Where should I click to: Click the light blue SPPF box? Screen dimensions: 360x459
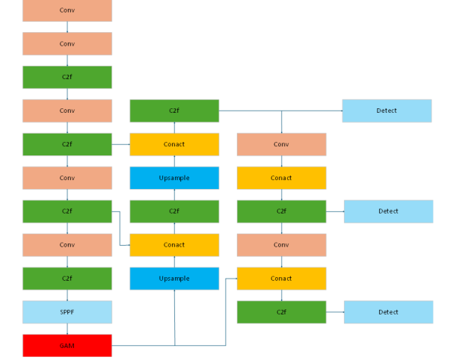67,312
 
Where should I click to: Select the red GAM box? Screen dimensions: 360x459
67,346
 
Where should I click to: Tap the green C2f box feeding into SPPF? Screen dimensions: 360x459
67,279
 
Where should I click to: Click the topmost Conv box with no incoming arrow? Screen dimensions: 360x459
67,10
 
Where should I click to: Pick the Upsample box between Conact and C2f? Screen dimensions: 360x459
174,178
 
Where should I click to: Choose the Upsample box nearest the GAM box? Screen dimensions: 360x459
174,279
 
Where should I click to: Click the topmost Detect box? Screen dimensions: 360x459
387,111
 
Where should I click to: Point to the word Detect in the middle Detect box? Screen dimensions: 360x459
388,211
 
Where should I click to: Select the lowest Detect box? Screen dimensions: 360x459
388,312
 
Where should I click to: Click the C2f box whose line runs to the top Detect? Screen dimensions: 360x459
174,111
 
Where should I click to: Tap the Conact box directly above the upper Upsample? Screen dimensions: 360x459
174,144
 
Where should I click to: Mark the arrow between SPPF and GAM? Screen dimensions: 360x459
67,329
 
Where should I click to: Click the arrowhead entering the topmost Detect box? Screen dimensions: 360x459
339,111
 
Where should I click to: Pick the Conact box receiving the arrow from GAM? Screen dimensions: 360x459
281,279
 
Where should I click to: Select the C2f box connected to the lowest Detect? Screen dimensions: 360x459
281,312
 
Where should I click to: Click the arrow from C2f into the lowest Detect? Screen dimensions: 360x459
335,312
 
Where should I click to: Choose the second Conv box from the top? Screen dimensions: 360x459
67,44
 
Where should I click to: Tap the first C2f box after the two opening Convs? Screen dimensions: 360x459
67,77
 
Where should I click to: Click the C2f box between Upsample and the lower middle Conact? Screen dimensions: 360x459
174,211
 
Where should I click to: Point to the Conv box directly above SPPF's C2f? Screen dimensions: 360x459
67,245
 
